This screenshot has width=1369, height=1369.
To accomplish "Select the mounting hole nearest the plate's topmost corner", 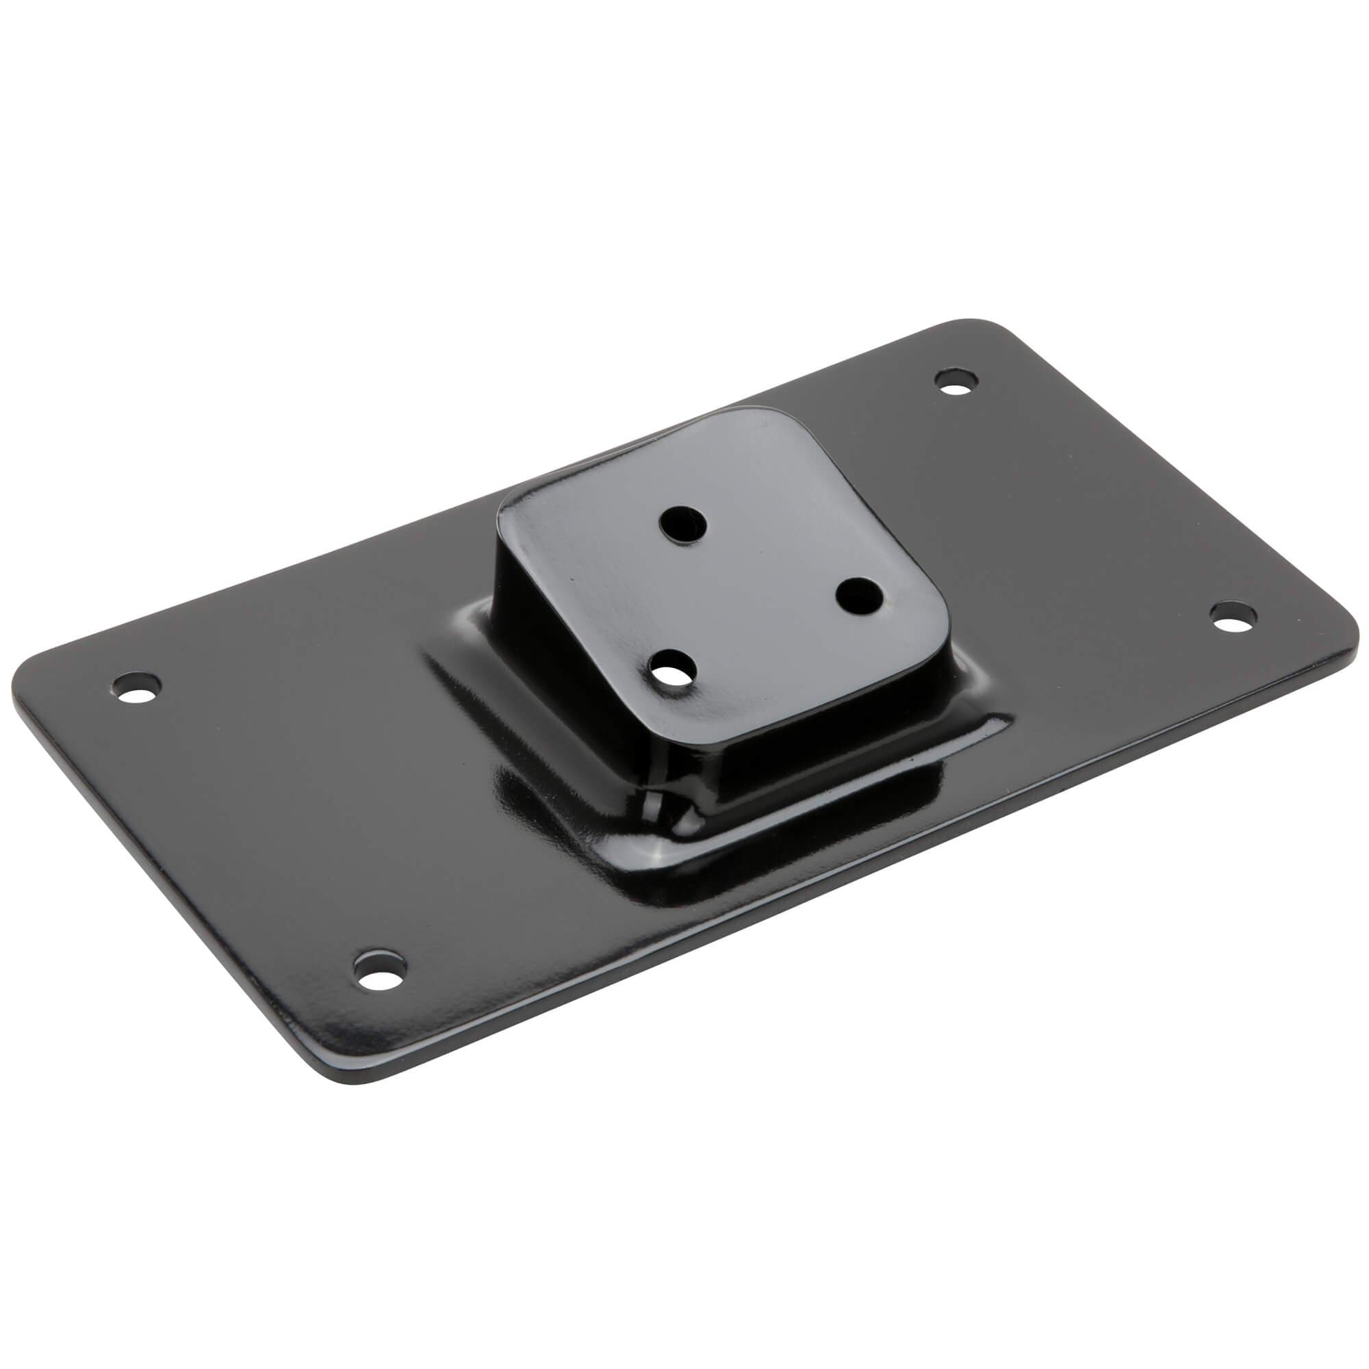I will tap(958, 381).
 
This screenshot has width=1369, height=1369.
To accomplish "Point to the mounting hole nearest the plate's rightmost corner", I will tap(1233, 617).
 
